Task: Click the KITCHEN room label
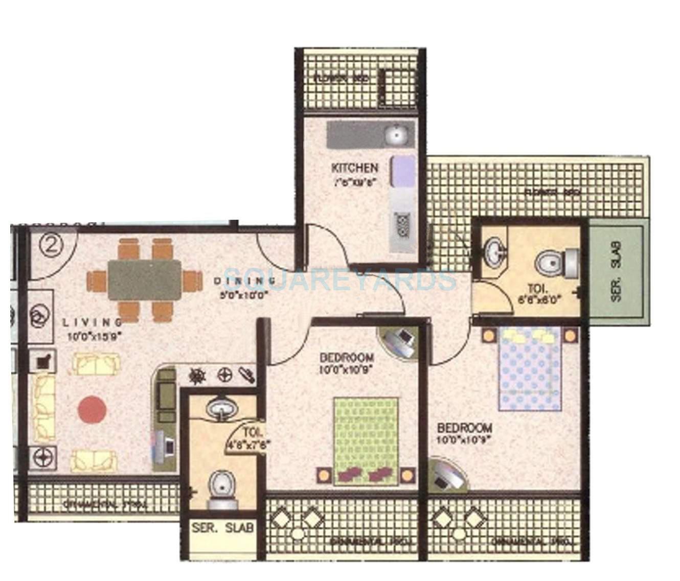[355, 168]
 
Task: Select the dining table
[144, 279]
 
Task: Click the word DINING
[245, 281]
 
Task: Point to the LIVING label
[93, 322]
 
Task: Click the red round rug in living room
[93, 409]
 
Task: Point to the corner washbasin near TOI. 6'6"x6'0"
[493, 251]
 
